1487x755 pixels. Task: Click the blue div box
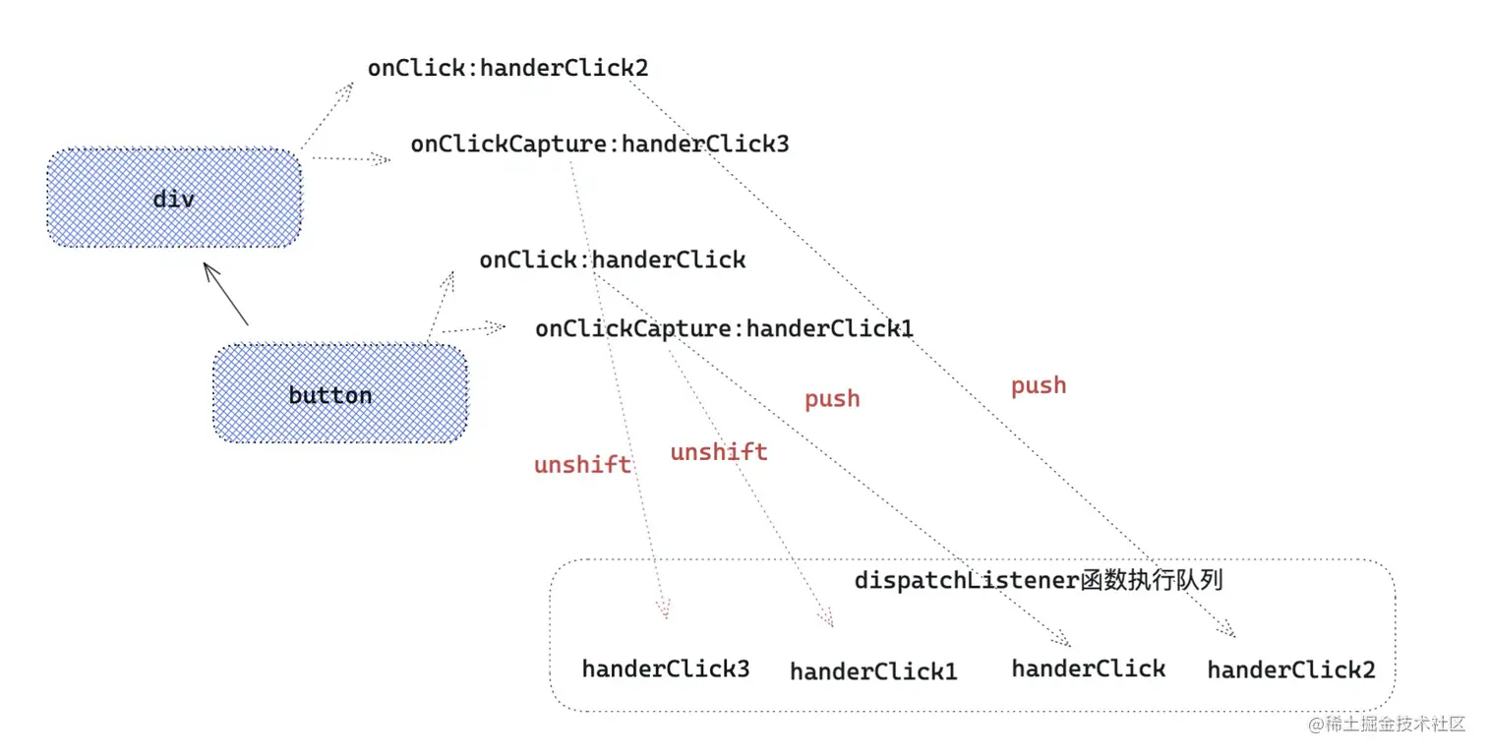click(174, 198)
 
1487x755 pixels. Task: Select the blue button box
click(340, 393)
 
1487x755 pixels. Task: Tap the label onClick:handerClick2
click(507, 68)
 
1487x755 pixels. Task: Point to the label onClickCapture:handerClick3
click(600, 144)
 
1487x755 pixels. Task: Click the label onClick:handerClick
click(612, 260)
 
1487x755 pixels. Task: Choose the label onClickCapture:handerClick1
click(724, 328)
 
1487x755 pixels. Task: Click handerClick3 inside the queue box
click(666, 668)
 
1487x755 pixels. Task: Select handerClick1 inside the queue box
click(873, 671)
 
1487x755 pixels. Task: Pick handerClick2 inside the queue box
click(1291, 670)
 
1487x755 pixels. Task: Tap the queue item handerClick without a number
click(1089, 668)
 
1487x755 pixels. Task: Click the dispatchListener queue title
click(1039, 581)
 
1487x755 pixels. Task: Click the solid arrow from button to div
click(226, 294)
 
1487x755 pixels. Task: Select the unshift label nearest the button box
click(582, 464)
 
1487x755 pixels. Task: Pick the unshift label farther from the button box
click(719, 452)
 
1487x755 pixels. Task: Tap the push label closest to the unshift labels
click(832, 399)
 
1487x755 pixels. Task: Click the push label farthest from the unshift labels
click(1039, 385)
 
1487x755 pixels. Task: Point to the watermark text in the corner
click(1386, 724)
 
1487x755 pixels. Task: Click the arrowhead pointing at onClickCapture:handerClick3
click(381, 159)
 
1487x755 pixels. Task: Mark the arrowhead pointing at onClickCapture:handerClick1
click(496, 326)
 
